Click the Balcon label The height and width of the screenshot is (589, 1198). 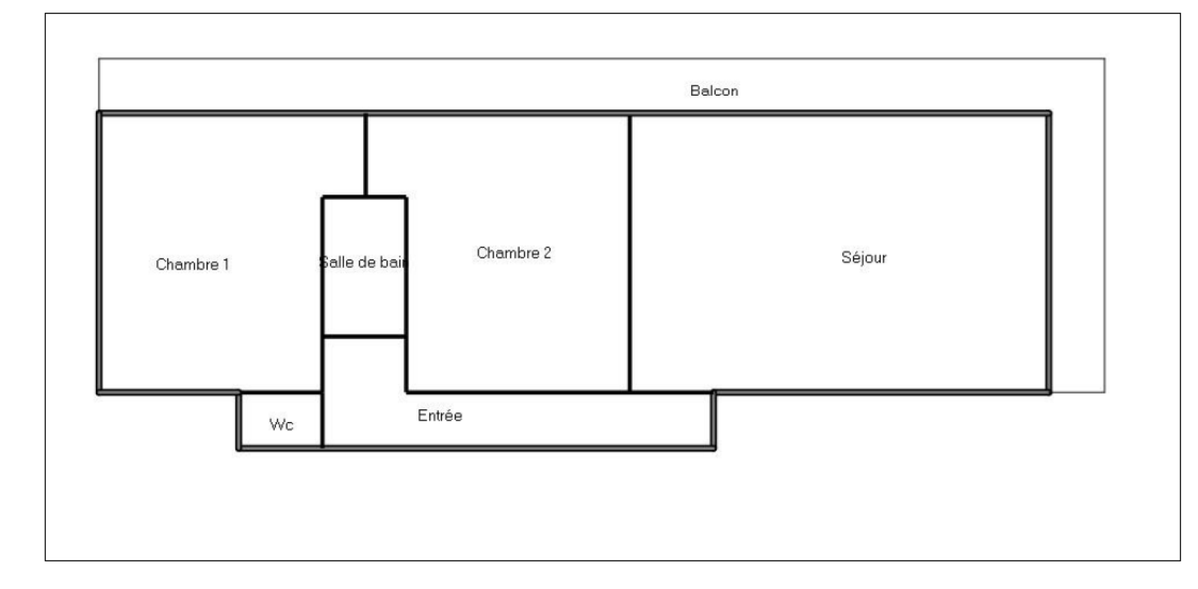(x=714, y=91)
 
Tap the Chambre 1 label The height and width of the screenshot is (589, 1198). (x=192, y=264)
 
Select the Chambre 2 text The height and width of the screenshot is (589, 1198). (x=514, y=253)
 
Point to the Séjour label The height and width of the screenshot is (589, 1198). (x=864, y=257)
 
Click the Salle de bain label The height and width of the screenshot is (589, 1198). (x=363, y=263)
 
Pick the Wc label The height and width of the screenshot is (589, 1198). (x=282, y=425)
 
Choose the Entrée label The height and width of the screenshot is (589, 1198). (x=440, y=415)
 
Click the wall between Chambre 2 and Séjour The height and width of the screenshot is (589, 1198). (x=630, y=254)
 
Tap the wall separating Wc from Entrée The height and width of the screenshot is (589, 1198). (x=323, y=420)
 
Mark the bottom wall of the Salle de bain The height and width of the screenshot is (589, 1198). (x=364, y=336)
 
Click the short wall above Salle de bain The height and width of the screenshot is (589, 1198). (x=366, y=156)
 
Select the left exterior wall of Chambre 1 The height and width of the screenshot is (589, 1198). (x=99, y=252)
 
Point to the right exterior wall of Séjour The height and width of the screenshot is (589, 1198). (x=1049, y=252)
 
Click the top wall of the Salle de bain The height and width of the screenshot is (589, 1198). (x=364, y=198)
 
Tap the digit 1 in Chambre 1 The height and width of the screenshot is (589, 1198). (x=226, y=264)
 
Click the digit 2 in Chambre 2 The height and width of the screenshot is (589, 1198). (x=547, y=253)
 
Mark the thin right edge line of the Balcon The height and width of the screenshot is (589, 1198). (x=1105, y=225)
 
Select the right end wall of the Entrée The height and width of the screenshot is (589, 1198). (x=714, y=421)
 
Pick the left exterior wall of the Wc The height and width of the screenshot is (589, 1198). (x=239, y=421)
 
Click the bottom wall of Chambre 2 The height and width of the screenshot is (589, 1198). (x=517, y=392)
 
